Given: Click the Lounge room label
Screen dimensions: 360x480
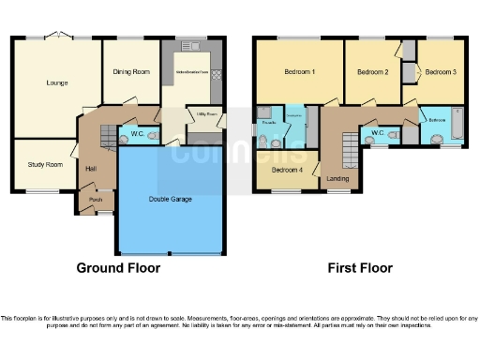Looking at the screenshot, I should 57,82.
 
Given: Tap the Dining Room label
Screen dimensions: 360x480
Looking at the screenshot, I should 131,71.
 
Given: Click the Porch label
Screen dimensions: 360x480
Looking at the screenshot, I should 95,199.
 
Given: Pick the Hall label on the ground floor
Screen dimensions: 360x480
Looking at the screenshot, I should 92,169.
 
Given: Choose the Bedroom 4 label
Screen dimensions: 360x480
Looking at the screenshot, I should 287,171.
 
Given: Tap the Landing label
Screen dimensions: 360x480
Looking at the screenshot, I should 337,178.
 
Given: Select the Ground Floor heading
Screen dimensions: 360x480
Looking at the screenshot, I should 117,268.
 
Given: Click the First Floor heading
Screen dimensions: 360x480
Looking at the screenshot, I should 359,268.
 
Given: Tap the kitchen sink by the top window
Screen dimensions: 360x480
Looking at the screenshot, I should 194,47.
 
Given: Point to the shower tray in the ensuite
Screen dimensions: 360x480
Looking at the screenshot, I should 264,112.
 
